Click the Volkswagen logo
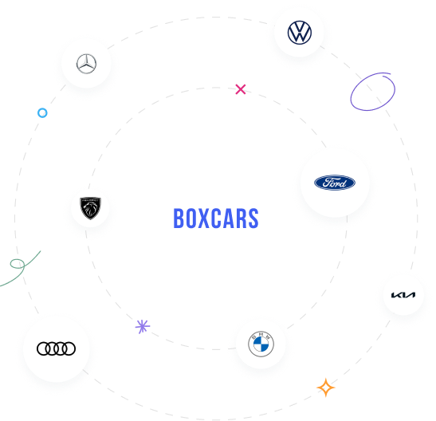pyautogui.click(x=300, y=33)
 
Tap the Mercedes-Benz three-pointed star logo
pyautogui.click(x=86, y=64)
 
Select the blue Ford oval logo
pyautogui.click(x=335, y=183)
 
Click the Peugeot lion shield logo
pyautogui.click(x=90, y=208)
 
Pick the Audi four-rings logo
pyautogui.click(x=56, y=348)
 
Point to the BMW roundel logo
pyautogui.click(x=261, y=344)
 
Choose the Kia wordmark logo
pyautogui.click(x=403, y=295)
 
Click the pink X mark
pyautogui.click(x=241, y=89)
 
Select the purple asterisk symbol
pyautogui.click(x=143, y=326)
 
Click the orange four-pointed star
pyautogui.click(x=326, y=388)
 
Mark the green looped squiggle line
pyautogui.click(x=23, y=266)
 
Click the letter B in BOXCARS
pyautogui.click(x=179, y=218)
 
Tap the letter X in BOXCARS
pyautogui.click(x=204, y=218)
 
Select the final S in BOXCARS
pyautogui.click(x=253, y=218)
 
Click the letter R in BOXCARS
pyautogui.click(x=241, y=218)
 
